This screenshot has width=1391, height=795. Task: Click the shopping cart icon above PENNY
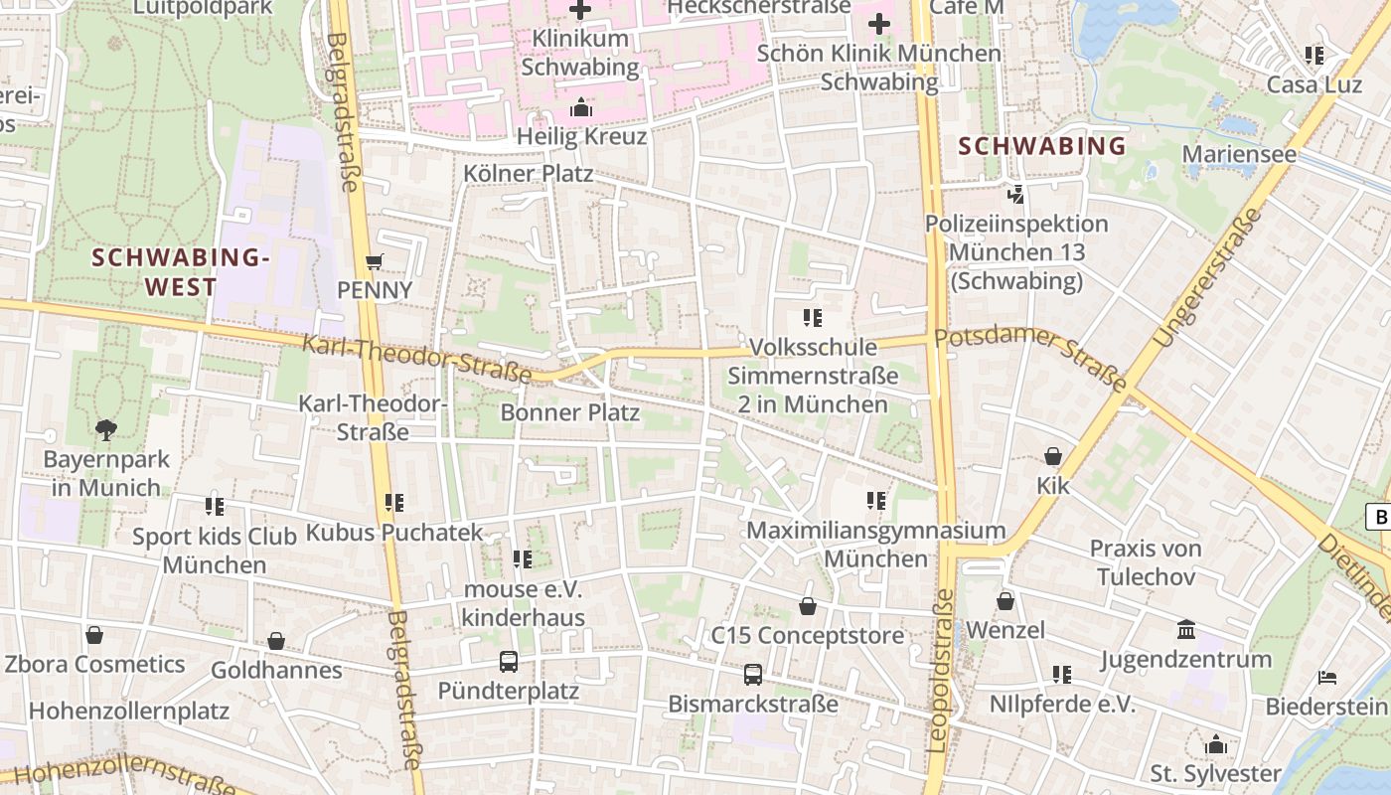pyautogui.click(x=374, y=261)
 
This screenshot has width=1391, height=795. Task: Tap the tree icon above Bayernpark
pyautogui.click(x=105, y=430)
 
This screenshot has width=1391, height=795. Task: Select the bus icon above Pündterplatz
pyautogui.click(x=508, y=661)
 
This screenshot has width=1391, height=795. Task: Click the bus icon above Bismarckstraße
pyautogui.click(x=753, y=675)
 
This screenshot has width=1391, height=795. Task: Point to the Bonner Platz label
pyautogui.click(x=569, y=412)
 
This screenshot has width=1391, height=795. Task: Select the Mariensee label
pyautogui.click(x=1239, y=154)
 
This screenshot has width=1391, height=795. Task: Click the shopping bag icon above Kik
pyautogui.click(x=1052, y=456)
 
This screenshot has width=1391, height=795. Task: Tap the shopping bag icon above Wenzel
pyautogui.click(x=1005, y=601)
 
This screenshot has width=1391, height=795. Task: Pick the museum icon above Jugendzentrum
pyautogui.click(x=1185, y=629)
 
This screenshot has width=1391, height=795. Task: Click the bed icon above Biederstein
pyautogui.click(x=1326, y=678)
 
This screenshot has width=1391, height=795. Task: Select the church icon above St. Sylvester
pyautogui.click(x=1215, y=744)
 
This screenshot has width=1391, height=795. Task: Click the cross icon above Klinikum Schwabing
pyautogui.click(x=580, y=10)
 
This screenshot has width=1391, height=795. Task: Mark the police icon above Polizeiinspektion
pyautogui.click(x=1015, y=195)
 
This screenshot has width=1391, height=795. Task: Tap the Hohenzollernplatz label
pyautogui.click(x=129, y=712)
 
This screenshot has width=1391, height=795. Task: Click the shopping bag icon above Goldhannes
pyautogui.click(x=276, y=641)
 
